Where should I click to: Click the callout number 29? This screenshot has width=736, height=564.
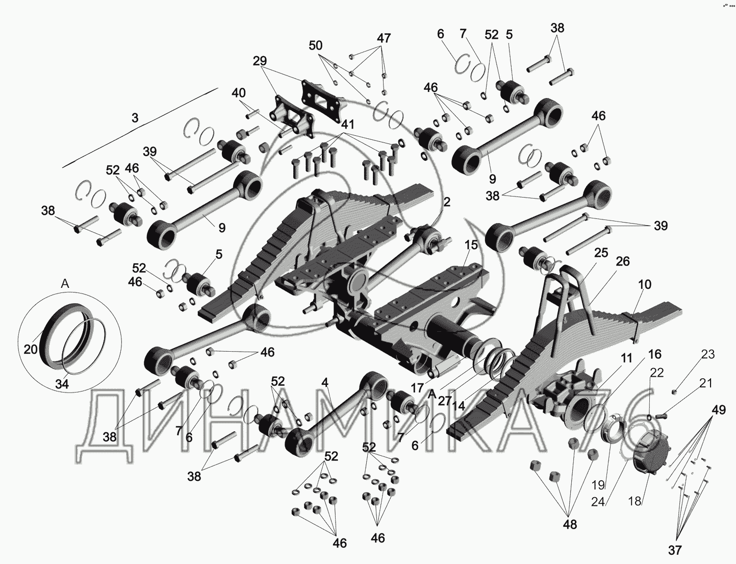(260, 61)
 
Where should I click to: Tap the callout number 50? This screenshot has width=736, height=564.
(316, 45)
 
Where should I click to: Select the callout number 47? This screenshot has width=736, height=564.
(384, 38)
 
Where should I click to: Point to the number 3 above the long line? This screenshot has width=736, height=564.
(135, 118)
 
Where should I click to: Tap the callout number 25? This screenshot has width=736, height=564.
(601, 253)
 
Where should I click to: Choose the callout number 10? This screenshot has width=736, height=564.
(644, 284)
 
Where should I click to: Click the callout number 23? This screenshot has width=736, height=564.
(708, 354)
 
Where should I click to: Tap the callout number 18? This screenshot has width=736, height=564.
(635, 501)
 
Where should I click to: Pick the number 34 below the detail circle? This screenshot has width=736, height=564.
(62, 384)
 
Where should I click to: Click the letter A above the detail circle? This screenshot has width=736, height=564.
(65, 285)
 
